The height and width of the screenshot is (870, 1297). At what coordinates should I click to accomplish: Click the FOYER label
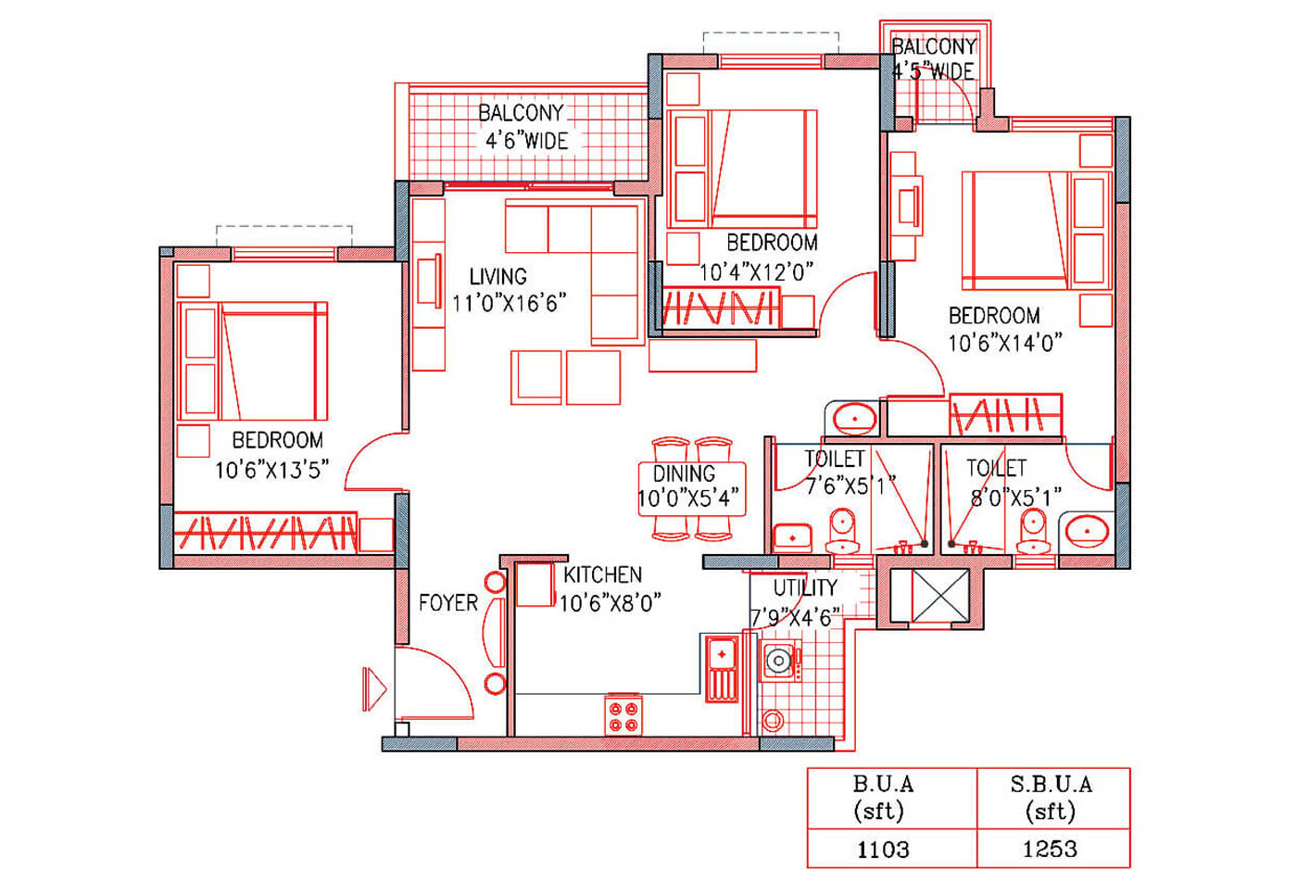click(x=448, y=603)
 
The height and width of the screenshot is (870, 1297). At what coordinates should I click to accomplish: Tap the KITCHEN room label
click(x=603, y=574)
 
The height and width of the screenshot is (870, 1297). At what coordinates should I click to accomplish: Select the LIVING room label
click(x=498, y=276)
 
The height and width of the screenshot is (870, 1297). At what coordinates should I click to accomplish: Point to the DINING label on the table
click(x=684, y=473)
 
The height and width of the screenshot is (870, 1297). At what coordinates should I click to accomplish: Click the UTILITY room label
click(x=805, y=588)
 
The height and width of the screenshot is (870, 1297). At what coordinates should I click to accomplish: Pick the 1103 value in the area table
click(x=883, y=850)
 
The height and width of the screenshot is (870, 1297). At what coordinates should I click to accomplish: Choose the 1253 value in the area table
click(x=1050, y=849)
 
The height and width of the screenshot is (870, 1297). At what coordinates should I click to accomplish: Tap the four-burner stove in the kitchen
click(x=623, y=716)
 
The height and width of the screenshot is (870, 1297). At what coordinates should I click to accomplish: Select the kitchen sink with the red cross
click(x=722, y=668)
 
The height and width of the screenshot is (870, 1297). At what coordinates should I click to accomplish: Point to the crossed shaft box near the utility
click(x=940, y=597)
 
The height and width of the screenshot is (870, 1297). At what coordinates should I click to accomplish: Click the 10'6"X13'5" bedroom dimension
click(x=271, y=470)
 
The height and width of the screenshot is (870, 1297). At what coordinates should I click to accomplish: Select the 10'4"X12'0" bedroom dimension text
click(x=756, y=271)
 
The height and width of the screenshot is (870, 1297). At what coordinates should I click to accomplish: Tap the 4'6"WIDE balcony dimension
click(x=526, y=141)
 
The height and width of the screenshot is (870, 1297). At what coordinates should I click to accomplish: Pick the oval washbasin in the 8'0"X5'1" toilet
click(x=1087, y=531)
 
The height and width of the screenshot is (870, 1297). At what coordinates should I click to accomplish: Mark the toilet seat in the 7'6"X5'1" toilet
click(x=842, y=531)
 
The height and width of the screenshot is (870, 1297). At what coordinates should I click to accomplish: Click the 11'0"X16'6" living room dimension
click(x=509, y=303)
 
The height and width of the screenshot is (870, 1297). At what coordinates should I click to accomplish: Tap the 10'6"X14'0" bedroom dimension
click(x=1004, y=343)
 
